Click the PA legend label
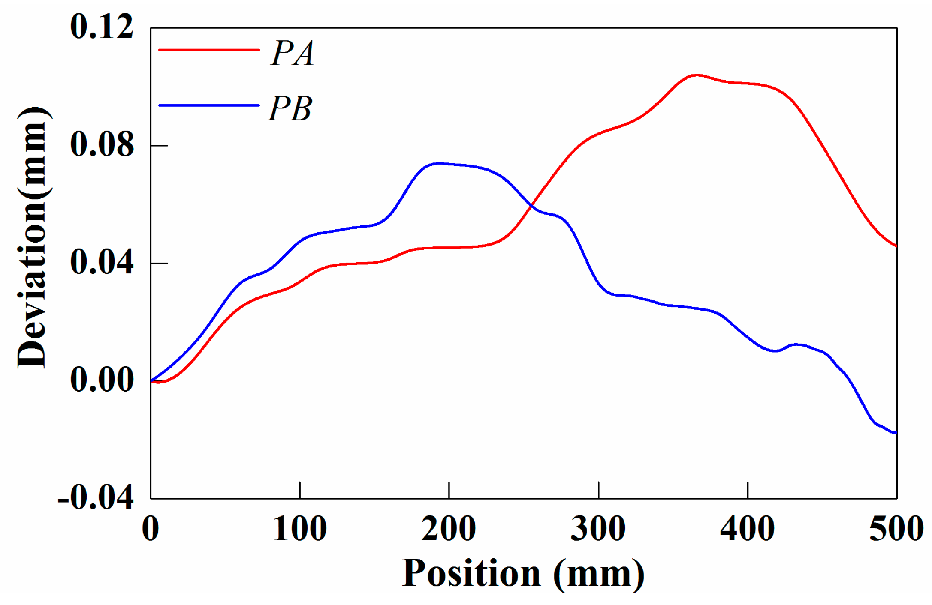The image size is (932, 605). coord(293,54)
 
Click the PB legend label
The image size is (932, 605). coord(290,109)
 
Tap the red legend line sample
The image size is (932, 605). coord(209,50)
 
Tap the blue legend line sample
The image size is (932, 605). coord(209,105)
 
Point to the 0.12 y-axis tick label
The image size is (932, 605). coord(102,27)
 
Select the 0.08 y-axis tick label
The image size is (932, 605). coord(102,144)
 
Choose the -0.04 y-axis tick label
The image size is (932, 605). coord(96,498)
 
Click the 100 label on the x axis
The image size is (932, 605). coord(300,529)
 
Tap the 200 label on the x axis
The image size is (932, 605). coord(449,529)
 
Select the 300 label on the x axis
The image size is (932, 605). coord(598,529)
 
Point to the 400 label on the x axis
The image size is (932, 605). coord(747,529)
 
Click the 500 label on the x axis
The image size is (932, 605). coord(896,529)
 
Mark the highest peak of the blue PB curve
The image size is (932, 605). coord(437,163)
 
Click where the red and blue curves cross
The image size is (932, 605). coord(532,206)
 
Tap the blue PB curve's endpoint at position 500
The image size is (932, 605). coord(896,433)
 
